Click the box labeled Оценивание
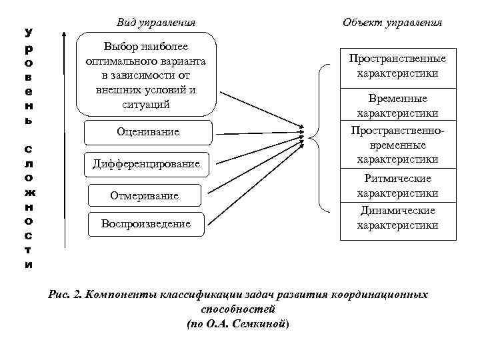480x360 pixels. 147,133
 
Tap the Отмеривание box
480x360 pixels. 145,195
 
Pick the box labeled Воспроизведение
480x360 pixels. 146,224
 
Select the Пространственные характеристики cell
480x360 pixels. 398,66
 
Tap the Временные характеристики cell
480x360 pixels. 398,106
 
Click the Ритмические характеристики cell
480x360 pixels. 398,186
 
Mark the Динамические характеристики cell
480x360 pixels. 398,218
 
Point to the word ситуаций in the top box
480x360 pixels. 147,105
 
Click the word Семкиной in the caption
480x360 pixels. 257,323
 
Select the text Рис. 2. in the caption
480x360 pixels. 65,295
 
